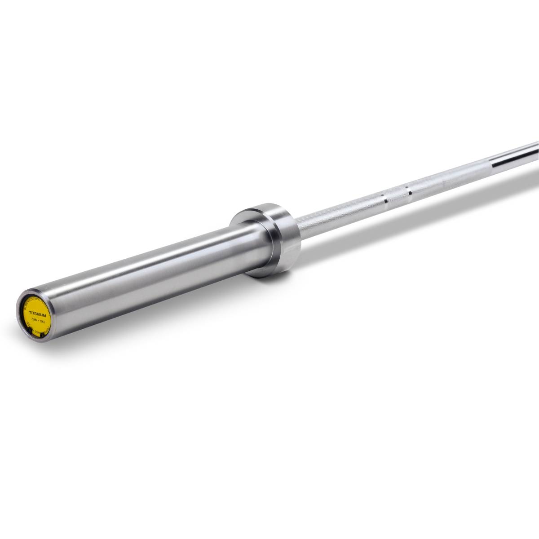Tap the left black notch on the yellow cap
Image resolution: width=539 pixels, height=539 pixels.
(30, 331)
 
